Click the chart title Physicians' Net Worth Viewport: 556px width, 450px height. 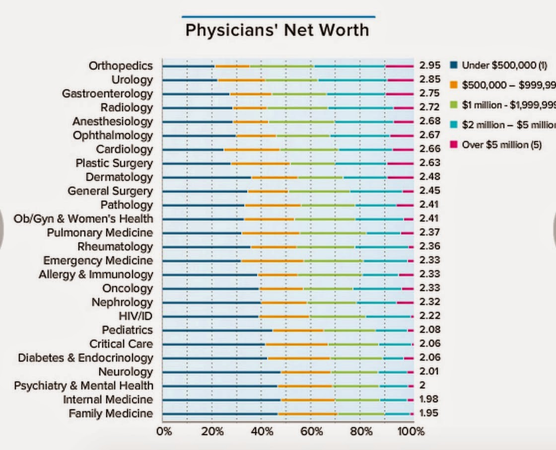pos(277,30)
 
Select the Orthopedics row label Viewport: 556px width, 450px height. pos(121,66)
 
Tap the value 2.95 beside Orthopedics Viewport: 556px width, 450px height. pos(429,66)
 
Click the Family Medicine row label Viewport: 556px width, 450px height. pos(111,413)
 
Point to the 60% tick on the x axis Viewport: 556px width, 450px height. pos(311,431)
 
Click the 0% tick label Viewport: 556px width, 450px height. pos(164,431)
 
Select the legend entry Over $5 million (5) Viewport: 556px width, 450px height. pos(501,145)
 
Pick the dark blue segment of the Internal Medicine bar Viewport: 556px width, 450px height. pos(221,399)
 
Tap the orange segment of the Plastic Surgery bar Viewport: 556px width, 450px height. pos(260,163)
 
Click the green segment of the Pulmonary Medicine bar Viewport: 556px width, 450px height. pos(333,232)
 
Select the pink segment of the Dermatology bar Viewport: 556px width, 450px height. pos(400,177)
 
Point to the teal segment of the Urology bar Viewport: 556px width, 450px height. pos(352,79)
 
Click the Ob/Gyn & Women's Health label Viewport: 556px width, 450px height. pos(83,219)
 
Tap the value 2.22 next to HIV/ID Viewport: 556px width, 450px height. pos(429,316)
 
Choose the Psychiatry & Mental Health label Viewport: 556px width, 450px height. pos(83,385)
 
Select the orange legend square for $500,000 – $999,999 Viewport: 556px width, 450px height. pos(453,85)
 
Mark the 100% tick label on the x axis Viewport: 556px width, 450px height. pos(411,431)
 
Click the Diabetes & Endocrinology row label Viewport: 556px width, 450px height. pos(85,358)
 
